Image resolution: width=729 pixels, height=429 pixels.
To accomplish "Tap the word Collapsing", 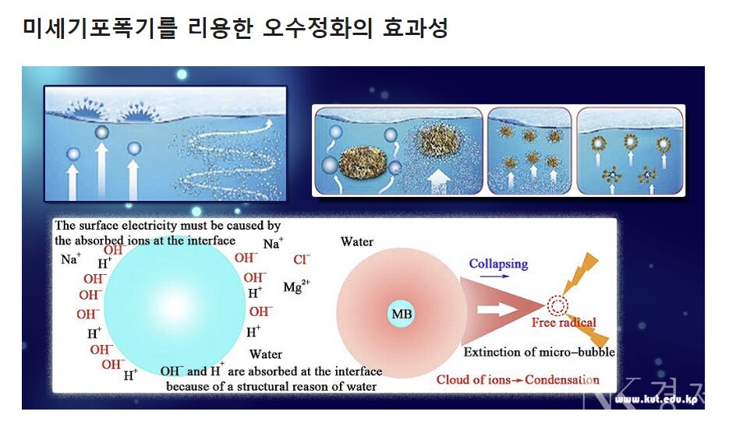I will (498, 264).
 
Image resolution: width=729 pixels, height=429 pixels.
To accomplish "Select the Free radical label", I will (564, 322).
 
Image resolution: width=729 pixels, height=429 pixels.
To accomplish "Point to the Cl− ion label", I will (302, 259).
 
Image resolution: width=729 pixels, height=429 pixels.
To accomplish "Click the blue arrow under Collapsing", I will (498, 276).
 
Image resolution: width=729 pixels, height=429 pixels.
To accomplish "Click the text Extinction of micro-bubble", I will (540, 352).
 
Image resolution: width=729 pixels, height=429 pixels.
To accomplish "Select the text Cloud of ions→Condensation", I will (518, 379).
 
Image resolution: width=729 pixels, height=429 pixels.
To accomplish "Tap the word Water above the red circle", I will (357, 241).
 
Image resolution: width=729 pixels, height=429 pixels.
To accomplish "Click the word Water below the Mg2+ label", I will (266, 354).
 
